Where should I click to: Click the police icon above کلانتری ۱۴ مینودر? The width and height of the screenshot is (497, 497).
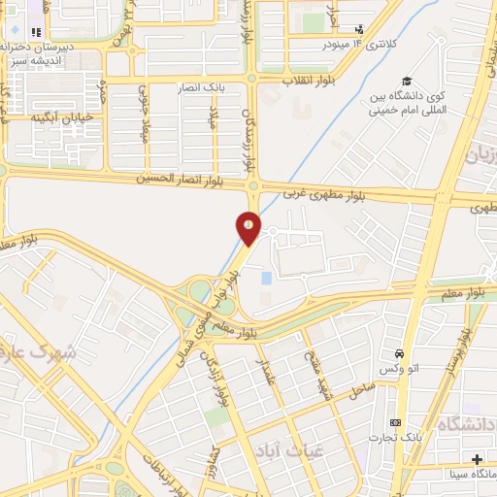(x=359, y=29)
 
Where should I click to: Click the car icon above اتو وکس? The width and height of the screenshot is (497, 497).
(x=399, y=352)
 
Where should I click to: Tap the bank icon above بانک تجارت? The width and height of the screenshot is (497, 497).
(x=395, y=423)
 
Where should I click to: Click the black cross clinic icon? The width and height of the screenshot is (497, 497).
(x=476, y=458)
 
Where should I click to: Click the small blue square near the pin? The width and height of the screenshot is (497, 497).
(x=267, y=279)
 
